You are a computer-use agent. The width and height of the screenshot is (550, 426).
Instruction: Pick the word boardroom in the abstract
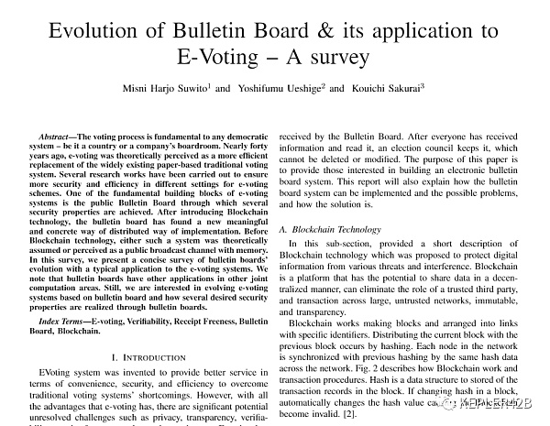tap(213, 147)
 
